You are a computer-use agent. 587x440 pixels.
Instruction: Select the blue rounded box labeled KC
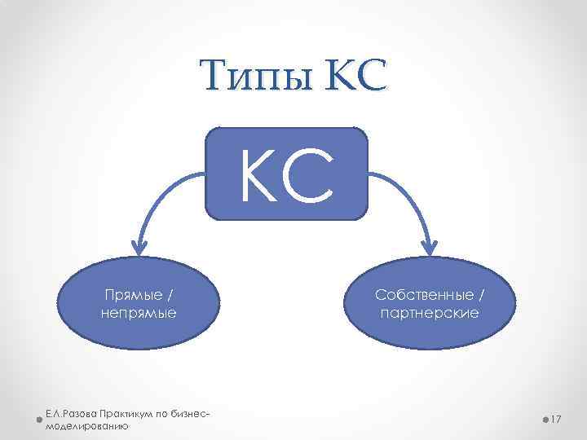pos(286,174)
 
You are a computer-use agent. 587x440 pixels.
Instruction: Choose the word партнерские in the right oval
pos(430,312)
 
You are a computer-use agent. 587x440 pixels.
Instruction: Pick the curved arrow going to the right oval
pos(408,191)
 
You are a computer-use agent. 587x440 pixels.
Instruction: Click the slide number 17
pos(558,419)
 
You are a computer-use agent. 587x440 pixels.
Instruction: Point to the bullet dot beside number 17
pos(544,419)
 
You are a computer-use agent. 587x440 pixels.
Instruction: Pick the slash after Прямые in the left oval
pos(169,293)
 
